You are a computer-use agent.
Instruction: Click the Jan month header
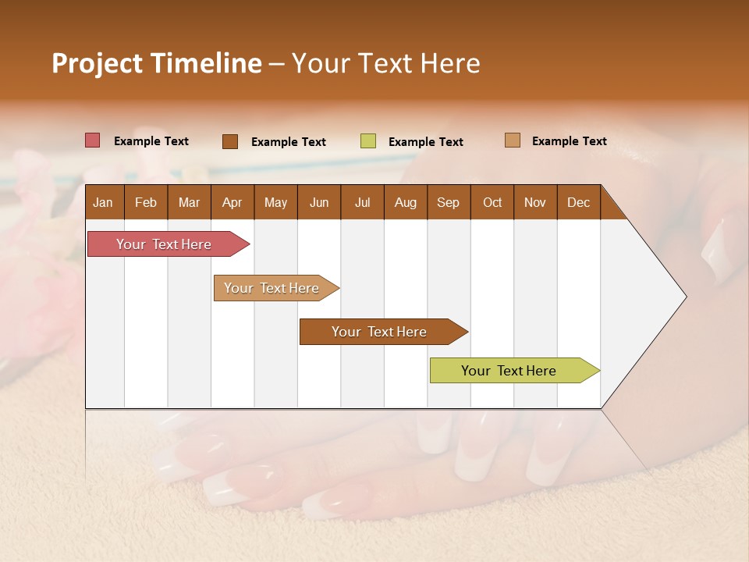click(x=104, y=202)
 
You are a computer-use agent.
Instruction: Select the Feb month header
click(x=146, y=202)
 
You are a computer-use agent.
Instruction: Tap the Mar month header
click(x=189, y=202)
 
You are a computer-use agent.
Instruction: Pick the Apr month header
click(x=233, y=202)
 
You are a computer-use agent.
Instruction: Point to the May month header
click(x=275, y=202)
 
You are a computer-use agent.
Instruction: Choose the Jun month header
click(x=319, y=202)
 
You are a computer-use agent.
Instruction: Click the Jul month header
click(x=362, y=202)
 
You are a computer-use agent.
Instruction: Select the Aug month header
click(x=406, y=202)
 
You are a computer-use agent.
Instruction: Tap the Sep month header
click(x=449, y=202)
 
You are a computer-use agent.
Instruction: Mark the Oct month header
click(x=492, y=202)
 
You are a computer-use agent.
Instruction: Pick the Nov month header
click(x=535, y=202)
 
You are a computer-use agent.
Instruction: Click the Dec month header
click(x=579, y=202)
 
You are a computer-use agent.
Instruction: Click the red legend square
click(x=93, y=140)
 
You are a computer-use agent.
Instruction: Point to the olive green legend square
click(x=368, y=141)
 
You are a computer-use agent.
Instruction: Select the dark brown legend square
click(x=230, y=141)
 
